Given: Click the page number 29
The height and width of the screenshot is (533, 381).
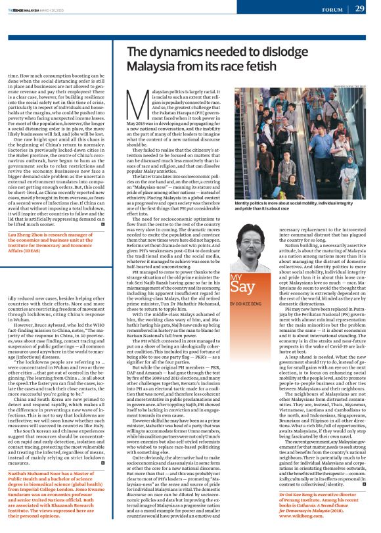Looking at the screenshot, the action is [x=359, y=9].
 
